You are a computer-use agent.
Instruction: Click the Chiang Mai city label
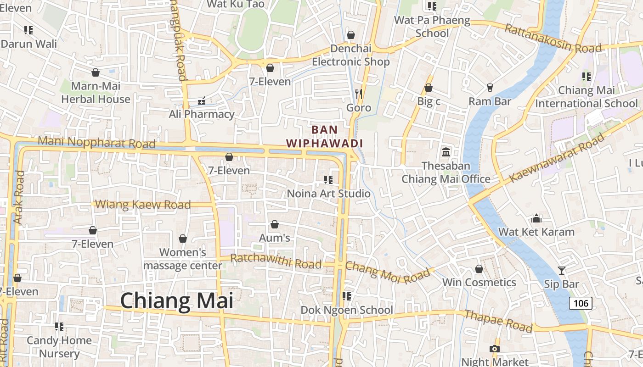pos(177,301)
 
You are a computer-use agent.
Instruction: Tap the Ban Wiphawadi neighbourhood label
pos(325,136)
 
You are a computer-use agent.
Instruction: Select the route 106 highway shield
pos(581,303)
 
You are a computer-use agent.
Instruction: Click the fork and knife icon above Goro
pos(359,94)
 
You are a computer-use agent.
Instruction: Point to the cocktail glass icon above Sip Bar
pos(561,270)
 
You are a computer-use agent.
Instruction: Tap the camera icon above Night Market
pos(494,349)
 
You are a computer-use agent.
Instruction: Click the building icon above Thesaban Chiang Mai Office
pos(446,152)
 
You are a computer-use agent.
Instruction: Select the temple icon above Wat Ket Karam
pos(536,218)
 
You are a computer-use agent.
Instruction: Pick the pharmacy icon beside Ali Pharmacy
pos(201,100)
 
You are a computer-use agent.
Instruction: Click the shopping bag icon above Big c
pos(429,87)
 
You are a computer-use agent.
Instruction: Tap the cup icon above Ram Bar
pos(490,87)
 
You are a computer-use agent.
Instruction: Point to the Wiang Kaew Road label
pos(144,205)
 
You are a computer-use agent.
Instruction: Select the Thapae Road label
pos(498,321)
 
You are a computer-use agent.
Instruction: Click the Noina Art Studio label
pos(328,194)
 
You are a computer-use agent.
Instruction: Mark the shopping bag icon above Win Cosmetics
pos(479,269)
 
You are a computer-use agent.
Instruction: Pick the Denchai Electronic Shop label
pos(351,55)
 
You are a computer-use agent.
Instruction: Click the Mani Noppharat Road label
pos(96,142)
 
